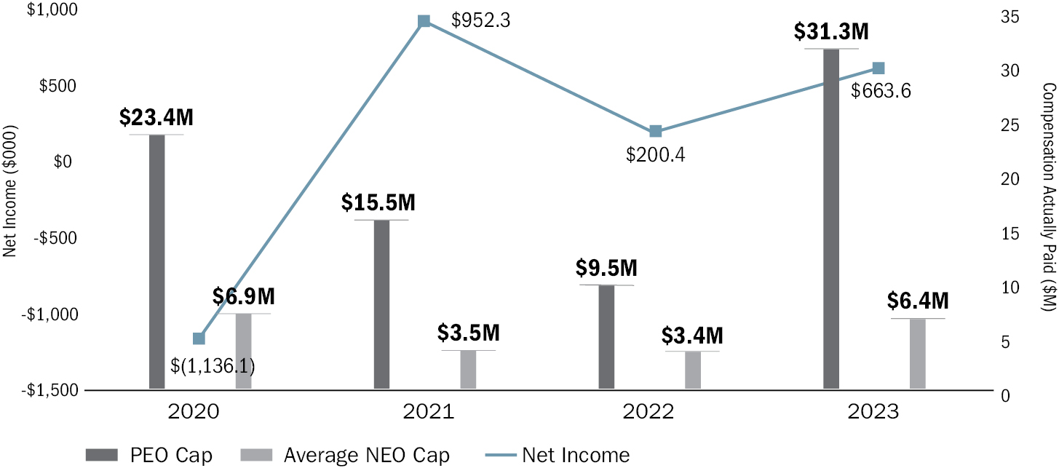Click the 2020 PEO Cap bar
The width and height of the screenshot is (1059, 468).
coord(157,262)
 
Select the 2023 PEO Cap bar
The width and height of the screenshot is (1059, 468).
coord(831,218)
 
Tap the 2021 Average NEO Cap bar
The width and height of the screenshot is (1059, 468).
coord(468,370)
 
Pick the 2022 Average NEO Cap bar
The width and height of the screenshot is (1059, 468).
coord(692,370)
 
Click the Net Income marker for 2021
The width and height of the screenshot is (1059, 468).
coord(424,21)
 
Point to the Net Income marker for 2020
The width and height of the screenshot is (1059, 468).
coord(199,338)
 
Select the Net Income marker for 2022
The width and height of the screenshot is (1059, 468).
coord(655,131)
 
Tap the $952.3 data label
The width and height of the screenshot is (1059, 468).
coord(480,20)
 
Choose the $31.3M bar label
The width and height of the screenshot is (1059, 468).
coord(830,33)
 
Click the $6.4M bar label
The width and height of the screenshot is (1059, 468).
coord(917,301)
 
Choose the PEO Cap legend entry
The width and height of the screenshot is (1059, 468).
coord(149,456)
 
